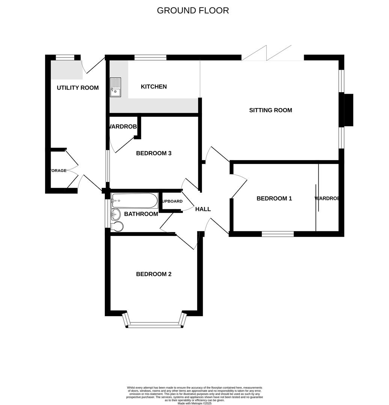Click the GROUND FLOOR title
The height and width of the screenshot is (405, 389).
(x=193, y=10)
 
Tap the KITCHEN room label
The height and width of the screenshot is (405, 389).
(x=154, y=87)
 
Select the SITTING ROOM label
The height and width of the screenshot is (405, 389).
(x=270, y=110)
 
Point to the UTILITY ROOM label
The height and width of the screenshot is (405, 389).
(x=78, y=88)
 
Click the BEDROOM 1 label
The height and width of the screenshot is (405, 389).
(x=274, y=198)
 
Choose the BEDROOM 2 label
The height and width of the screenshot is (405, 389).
(x=154, y=274)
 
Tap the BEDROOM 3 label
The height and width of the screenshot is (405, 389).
(x=154, y=153)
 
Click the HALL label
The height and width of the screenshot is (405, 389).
(x=203, y=209)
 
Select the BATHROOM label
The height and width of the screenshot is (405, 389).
(x=141, y=214)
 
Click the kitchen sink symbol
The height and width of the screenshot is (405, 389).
(x=116, y=87)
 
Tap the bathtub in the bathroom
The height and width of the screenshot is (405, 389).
(x=134, y=200)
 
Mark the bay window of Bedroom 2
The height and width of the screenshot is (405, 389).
(x=154, y=325)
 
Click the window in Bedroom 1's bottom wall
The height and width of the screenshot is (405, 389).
(x=277, y=234)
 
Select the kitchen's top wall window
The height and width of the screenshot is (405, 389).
(x=150, y=58)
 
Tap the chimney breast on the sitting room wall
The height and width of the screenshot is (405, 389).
(x=348, y=110)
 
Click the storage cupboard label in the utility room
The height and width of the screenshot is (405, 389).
(x=58, y=171)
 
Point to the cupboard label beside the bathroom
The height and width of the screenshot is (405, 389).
(x=172, y=201)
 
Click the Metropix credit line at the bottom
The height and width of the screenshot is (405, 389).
(x=194, y=403)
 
